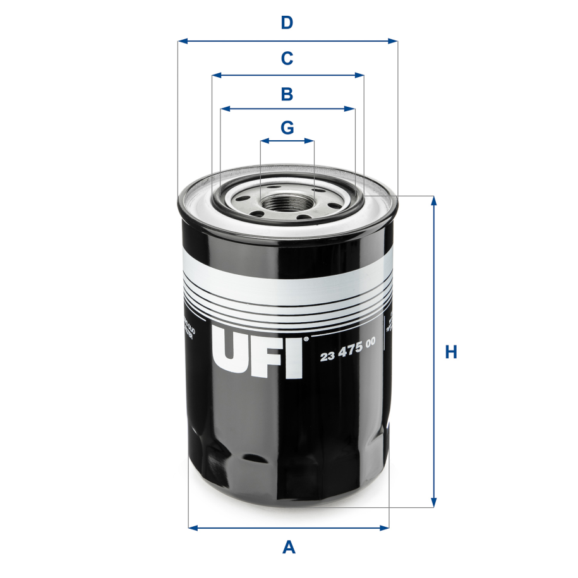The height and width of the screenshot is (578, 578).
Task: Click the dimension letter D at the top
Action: pos(287,23)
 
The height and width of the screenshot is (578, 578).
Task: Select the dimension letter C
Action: pos(287,59)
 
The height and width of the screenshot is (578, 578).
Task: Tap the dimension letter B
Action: pos(287,95)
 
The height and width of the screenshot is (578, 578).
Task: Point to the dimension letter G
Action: pos(287,128)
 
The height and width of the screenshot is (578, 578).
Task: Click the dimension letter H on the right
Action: pos(450,352)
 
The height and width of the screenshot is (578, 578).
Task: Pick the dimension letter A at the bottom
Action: pos(289,547)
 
